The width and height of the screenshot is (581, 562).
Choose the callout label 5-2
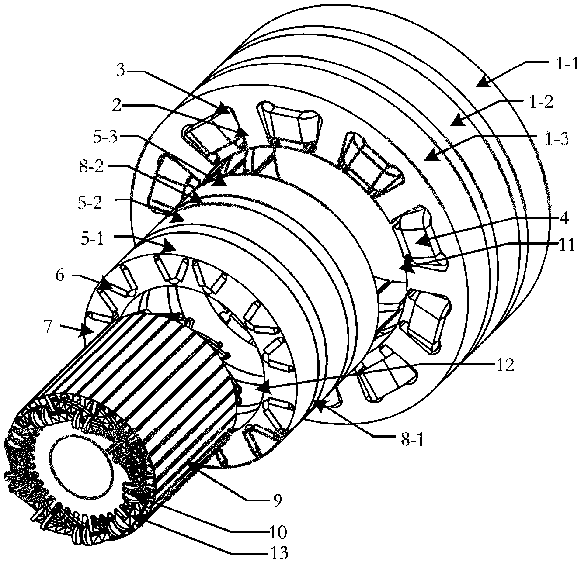click(x=90, y=203)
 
